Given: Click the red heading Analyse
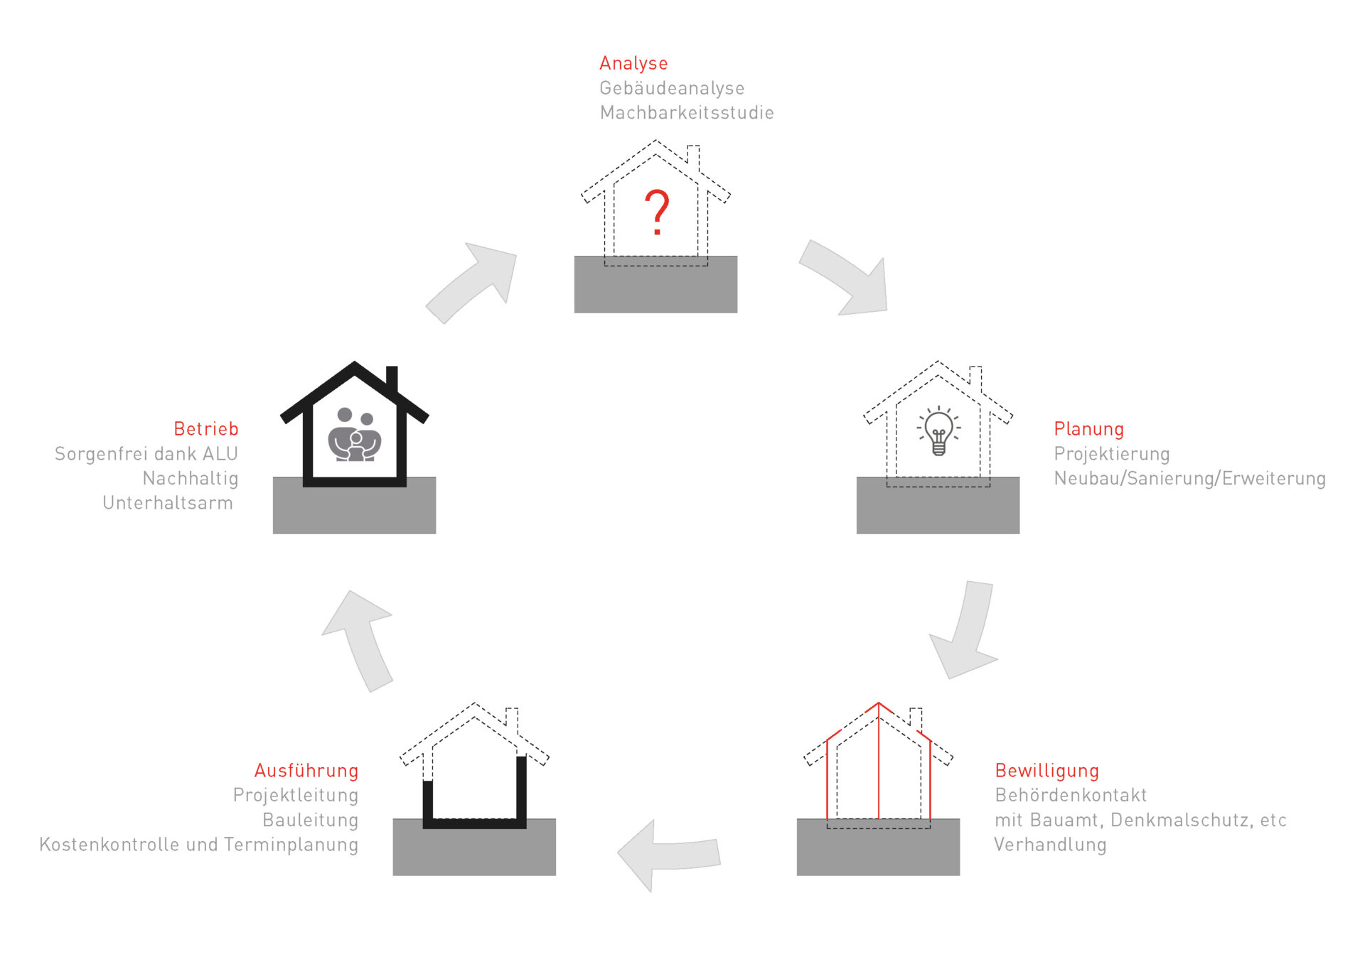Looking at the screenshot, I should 633,63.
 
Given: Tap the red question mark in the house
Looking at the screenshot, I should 657,212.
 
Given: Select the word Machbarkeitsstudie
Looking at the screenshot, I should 686,112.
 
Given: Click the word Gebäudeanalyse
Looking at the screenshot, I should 671,88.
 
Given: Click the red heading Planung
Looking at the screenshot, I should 1088,429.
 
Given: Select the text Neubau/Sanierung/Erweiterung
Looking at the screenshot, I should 1189,478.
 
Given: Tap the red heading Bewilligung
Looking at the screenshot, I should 1046,771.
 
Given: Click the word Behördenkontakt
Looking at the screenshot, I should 1070,795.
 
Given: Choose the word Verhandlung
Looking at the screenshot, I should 1049,845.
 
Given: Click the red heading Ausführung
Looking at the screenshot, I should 306,771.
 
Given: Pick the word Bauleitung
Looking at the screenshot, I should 310,820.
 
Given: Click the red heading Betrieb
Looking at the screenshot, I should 205,429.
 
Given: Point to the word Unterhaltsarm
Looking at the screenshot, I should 168,503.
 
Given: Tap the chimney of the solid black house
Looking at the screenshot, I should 392,378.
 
